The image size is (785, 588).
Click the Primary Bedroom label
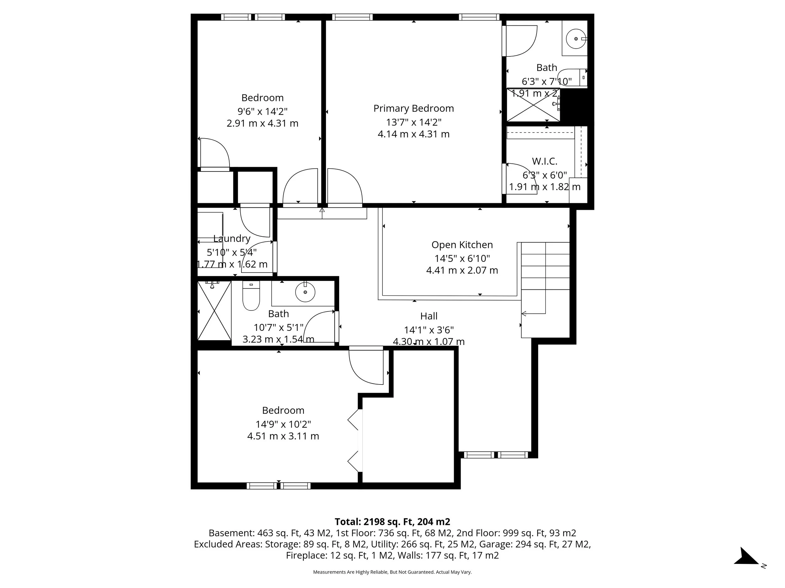click(414, 109)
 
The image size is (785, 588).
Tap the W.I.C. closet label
click(544, 162)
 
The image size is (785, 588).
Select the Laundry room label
click(232, 239)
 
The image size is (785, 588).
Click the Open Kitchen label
click(462, 245)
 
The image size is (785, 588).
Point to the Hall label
click(429, 316)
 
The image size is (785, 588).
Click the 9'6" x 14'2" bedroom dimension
click(262, 111)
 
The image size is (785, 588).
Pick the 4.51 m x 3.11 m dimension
click(283, 436)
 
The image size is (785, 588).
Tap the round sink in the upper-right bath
click(575, 39)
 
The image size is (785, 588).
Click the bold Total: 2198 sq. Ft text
click(392, 522)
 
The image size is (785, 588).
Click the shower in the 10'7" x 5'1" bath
click(214, 310)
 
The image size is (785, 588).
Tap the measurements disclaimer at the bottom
click(392, 572)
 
